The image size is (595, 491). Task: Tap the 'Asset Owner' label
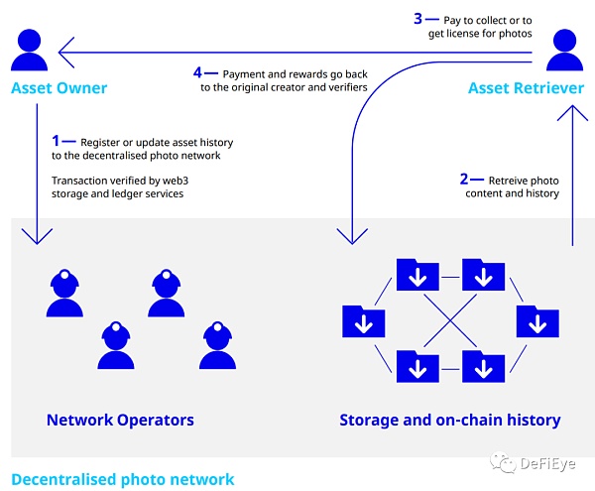(x=59, y=89)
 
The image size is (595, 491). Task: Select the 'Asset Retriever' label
(x=526, y=89)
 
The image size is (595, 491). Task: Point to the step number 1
(x=57, y=142)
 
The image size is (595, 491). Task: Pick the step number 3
(x=417, y=17)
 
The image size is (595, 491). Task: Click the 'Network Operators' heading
(x=120, y=420)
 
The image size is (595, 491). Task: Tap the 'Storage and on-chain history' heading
(x=449, y=420)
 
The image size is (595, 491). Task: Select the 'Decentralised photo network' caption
(x=123, y=479)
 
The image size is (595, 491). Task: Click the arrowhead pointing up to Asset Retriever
(x=571, y=111)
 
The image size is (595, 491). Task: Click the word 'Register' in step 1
(x=94, y=143)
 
